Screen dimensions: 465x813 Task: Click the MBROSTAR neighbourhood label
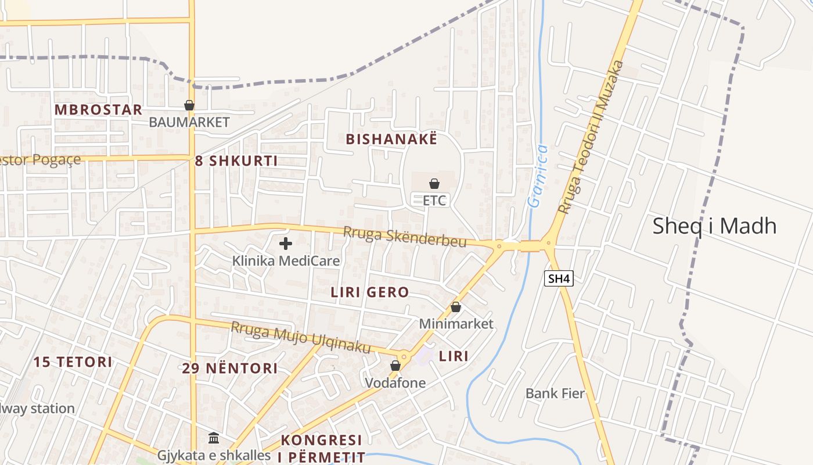tap(98, 110)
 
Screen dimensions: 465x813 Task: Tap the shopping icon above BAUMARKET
tap(189, 106)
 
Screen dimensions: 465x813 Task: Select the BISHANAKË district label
tap(391, 139)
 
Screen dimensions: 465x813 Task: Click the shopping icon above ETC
tap(434, 184)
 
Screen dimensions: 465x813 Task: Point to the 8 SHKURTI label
tap(236, 161)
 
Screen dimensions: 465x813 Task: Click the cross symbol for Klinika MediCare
tap(286, 244)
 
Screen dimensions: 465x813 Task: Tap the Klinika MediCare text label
tap(286, 260)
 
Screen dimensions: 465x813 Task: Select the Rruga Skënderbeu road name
tap(405, 236)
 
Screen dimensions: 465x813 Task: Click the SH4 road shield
tap(559, 278)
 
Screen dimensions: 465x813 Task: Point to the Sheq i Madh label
tap(714, 226)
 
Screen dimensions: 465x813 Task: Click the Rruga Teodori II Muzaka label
tap(590, 137)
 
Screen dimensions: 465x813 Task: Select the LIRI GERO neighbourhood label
tap(370, 292)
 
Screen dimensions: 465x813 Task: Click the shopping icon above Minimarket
tap(456, 307)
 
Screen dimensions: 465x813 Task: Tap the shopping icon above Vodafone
tap(395, 366)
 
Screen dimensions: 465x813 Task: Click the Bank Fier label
tap(555, 394)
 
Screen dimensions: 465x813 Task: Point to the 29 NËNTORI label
tap(230, 368)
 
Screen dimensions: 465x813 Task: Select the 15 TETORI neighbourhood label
tap(73, 362)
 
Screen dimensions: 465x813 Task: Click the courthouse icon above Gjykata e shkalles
tap(214, 438)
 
